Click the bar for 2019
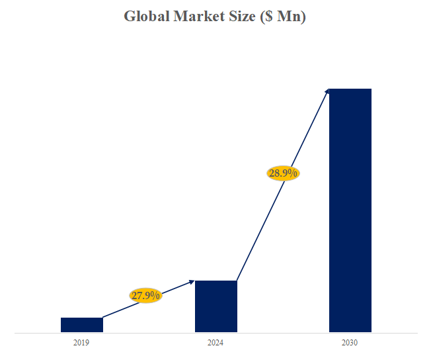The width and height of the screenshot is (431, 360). (x=81, y=324)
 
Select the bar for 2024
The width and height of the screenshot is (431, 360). (x=215, y=306)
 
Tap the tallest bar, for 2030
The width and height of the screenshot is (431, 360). (x=350, y=210)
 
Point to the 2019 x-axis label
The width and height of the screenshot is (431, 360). (x=81, y=343)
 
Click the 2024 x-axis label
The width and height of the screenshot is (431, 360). (x=215, y=343)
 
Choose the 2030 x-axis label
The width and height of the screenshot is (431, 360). (x=350, y=343)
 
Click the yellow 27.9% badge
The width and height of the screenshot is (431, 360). (x=145, y=295)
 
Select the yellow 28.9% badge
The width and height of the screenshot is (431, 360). (x=283, y=173)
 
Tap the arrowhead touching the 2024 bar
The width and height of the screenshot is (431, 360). (x=192, y=282)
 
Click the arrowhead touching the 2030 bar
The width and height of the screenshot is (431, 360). (x=327, y=91)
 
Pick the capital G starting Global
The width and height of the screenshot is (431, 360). (x=130, y=17)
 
